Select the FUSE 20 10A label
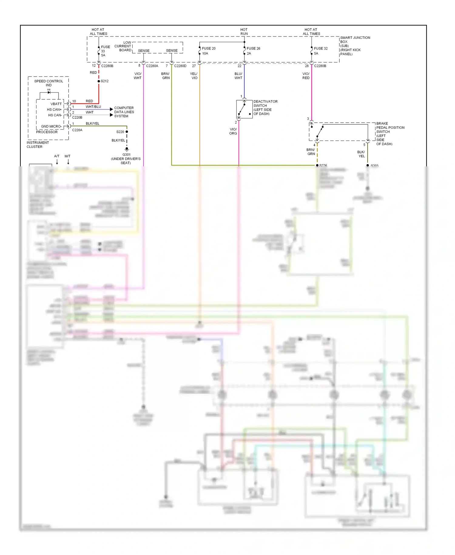click(208, 51)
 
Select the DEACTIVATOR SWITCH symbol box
click(244, 109)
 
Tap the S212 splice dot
click(99, 81)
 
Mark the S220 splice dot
click(127, 132)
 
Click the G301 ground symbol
click(127, 149)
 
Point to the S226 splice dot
click(317, 165)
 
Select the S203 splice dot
click(368, 165)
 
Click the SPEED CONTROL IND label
click(49, 83)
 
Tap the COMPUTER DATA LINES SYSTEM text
click(124, 112)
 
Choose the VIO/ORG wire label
click(233, 131)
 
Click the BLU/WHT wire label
click(238, 76)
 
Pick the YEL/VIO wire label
click(194, 76)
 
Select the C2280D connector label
click(180, 66)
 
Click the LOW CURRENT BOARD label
click(123, 46)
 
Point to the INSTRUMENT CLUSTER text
click(38, 145)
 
